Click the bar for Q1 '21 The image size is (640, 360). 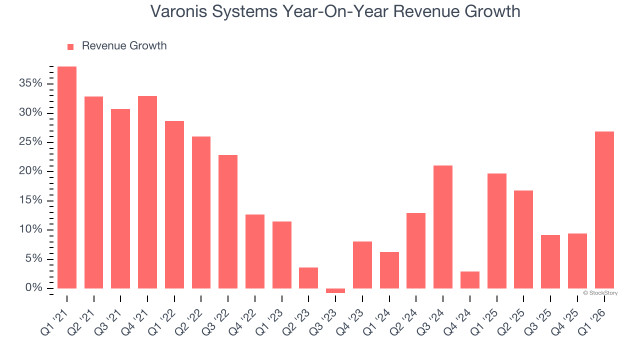tap(67, 177)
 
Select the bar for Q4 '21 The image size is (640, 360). tap(147, 192)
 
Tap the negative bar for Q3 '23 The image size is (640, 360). tap(335, 290)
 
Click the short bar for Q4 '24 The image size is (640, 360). tap(470, 280)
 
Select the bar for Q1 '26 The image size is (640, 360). tap(604, 210)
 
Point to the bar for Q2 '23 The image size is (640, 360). tap(308, 278)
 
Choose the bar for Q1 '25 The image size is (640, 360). tap(497, 230)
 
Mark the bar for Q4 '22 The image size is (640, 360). tap(255, 251)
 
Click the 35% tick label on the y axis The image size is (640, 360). tap(31, 83)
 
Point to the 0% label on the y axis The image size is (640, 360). tap(34, 288)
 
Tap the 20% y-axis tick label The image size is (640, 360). tap(31, 171)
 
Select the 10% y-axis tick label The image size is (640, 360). tap(31, 229)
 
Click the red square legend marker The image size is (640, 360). tap(70, 46)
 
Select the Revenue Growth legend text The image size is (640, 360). tap(124, 46)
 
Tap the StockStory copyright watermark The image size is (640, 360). tap(600, 293)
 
